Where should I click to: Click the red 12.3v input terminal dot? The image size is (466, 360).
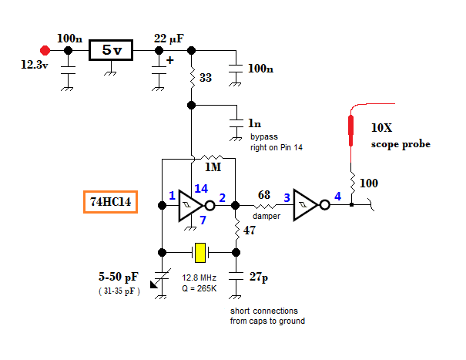(45, 51)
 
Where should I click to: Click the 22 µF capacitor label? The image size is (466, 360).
(172, 39)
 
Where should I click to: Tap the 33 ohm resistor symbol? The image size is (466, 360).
(191, 78)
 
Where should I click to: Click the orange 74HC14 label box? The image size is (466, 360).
(109, 203)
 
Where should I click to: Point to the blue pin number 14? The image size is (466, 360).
(202, 188)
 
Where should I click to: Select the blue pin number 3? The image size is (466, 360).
(287, 198)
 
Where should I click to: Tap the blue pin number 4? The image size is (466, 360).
(337, 197)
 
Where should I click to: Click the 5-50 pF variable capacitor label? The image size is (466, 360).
(120, 277)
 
